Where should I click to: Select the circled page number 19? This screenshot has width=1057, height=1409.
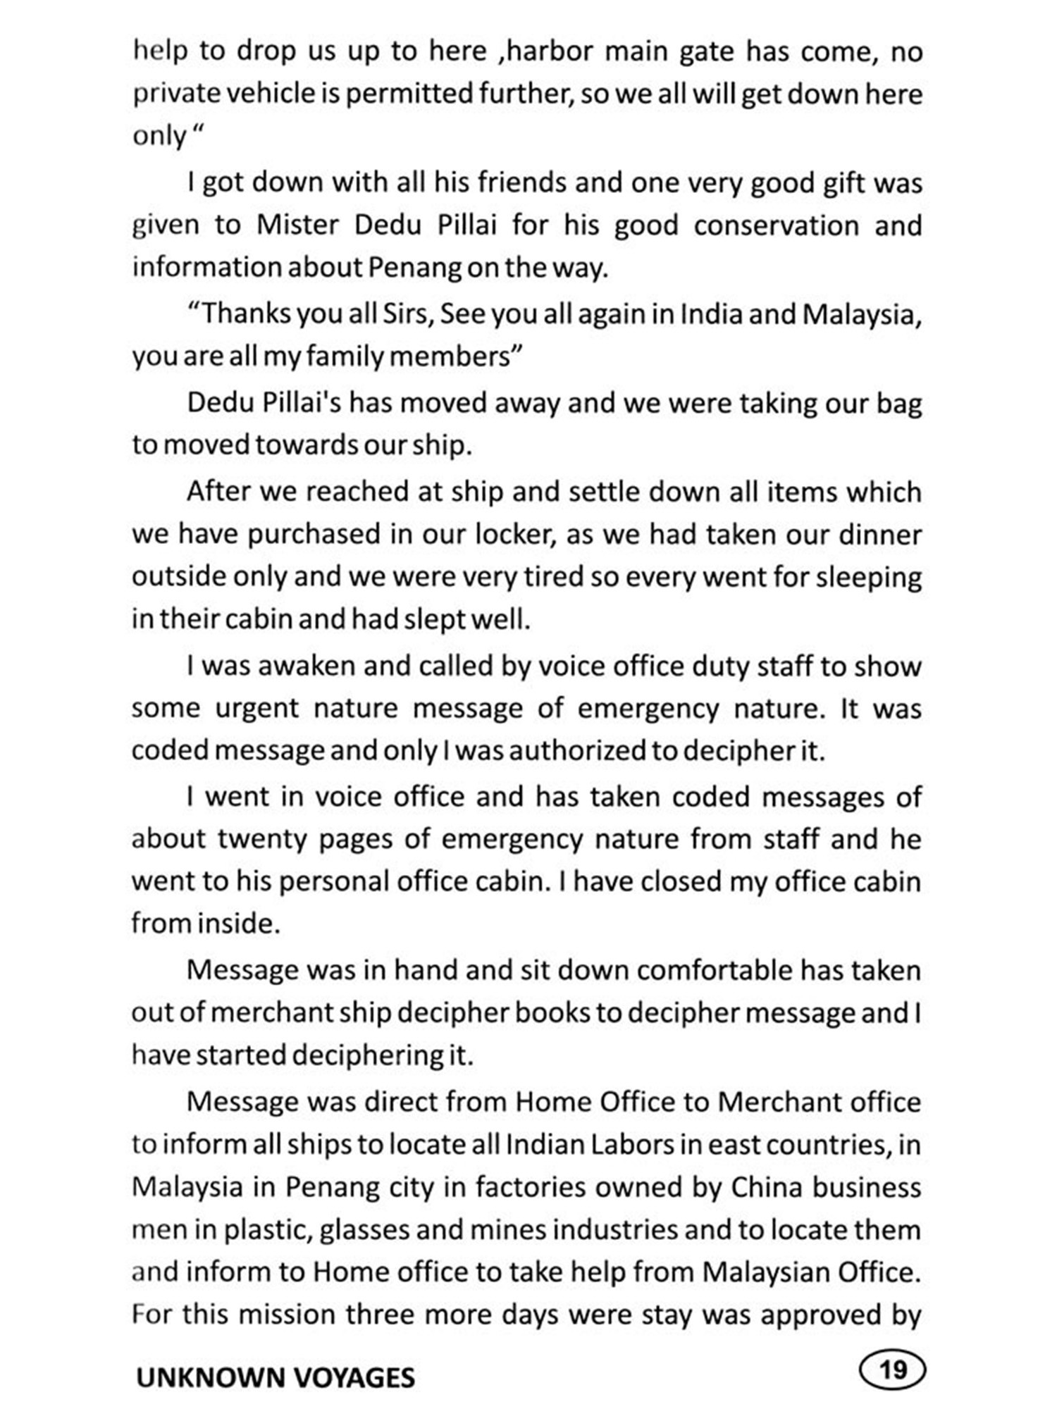click(x=893, y=1370)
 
